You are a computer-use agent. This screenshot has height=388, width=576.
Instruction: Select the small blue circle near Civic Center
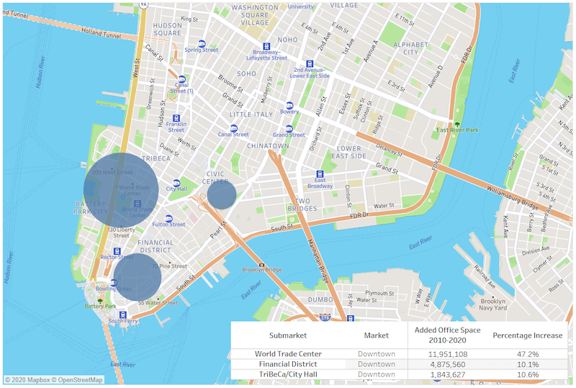[222, 196]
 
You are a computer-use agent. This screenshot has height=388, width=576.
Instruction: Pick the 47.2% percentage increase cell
[528, 354]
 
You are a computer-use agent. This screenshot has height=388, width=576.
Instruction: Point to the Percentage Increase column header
[528, 335]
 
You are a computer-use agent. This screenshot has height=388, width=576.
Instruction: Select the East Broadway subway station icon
[320, 174]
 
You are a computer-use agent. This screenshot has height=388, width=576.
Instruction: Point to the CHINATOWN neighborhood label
[267, 146]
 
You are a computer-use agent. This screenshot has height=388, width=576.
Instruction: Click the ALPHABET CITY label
[410, 48]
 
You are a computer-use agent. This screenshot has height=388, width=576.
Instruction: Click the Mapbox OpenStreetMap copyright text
[54, 380]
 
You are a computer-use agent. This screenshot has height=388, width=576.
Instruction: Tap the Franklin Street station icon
[176, 118]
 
